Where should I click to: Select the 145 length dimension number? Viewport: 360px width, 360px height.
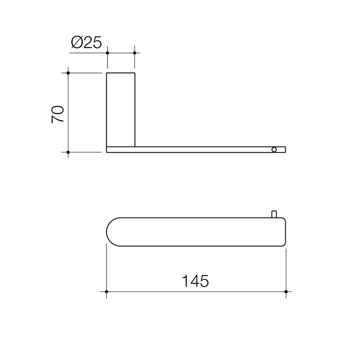coord(195,281)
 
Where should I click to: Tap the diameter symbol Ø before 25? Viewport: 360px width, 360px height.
coord(76,43)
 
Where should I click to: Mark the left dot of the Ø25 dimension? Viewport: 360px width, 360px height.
coord(107,52)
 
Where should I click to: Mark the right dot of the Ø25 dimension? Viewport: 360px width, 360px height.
coord(134,52)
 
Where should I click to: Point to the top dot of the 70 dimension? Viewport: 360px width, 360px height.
coord(68,73)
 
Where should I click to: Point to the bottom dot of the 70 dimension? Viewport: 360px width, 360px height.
coord(68,151)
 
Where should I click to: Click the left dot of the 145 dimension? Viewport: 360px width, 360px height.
coord(106,291)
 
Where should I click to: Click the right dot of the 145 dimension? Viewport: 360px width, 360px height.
coord(285,291)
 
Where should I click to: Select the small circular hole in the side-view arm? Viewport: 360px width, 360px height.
coord(273,149)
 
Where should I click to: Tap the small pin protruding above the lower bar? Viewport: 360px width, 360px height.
coord(273,214)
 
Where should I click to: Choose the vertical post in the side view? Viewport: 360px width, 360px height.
coord(120,109)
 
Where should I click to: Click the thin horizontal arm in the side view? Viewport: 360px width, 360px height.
coord(200,149)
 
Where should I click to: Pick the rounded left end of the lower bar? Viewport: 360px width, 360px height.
coord(111,232)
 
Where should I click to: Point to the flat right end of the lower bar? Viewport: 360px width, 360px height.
coord(284,232)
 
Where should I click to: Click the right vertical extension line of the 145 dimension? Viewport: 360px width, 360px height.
coord(285,270)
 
